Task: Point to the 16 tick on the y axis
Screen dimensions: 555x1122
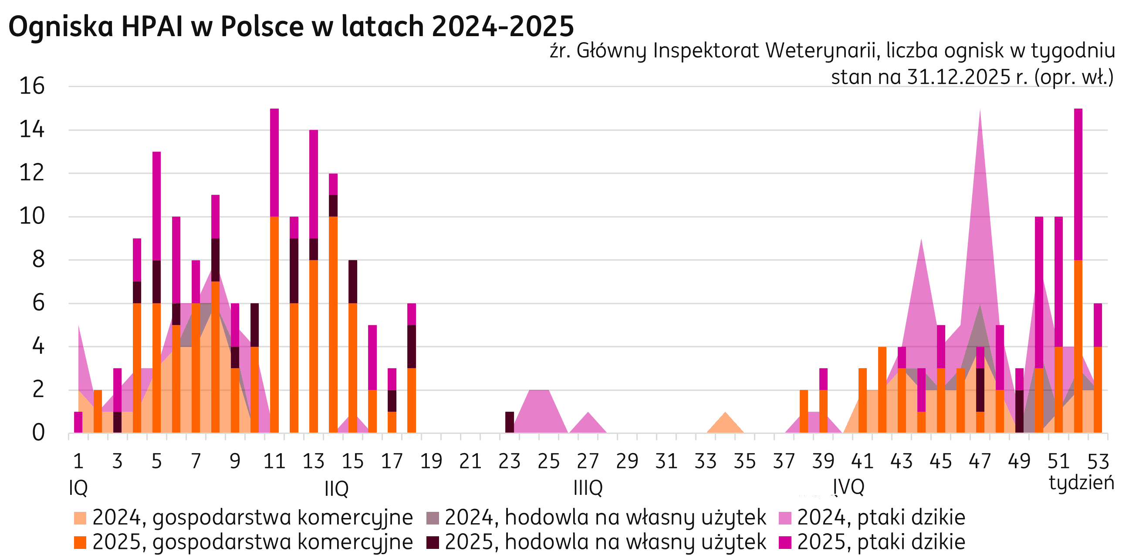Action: point(32,86)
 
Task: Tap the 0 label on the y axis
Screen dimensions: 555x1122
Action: point(38,433)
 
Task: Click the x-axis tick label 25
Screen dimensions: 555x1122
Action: point(548,461)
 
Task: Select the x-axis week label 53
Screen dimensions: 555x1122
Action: point(1098,461)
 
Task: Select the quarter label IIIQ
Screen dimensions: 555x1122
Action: point(588,488)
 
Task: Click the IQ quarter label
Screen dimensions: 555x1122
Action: point(78,488)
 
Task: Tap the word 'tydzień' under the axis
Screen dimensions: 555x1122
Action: point(1081,482)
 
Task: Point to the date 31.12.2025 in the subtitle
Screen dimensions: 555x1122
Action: point(958,78)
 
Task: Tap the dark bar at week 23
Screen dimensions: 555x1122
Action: point(510,422)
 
